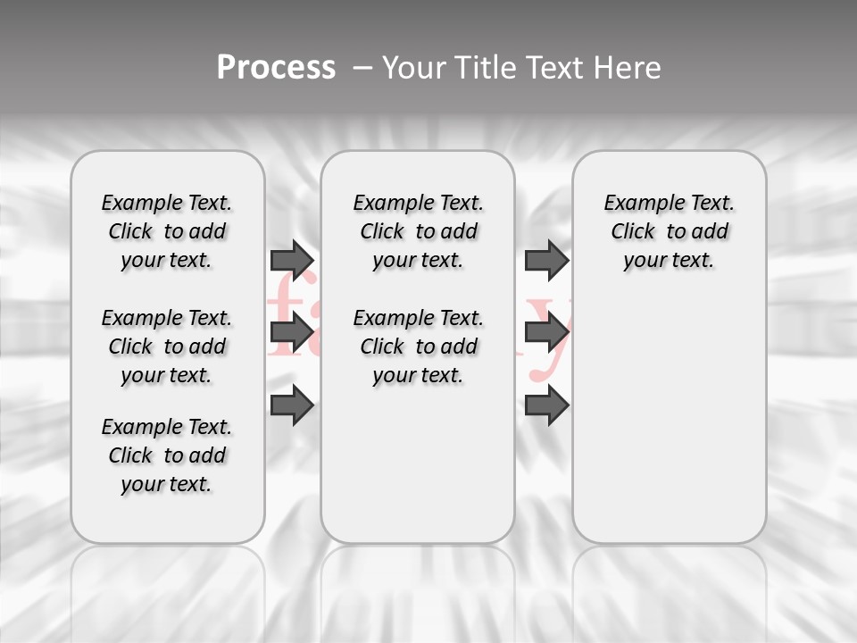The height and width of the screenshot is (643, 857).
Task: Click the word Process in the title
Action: click(x=276, y=67)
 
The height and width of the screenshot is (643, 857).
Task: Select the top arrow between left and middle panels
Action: click(x=291, y=260)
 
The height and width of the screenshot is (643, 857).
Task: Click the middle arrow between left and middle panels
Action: click(x=291, y=333)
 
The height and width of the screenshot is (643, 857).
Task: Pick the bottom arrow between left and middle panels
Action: click(x=291, y=406)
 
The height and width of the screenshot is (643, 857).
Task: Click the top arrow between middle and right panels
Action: click(x=546, y=260)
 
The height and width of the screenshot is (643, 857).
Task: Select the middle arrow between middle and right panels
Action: click(x=546, y=333)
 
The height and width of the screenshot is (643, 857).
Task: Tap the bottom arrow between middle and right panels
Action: click(x=546, y=406)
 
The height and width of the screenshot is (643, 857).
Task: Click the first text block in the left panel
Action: click(x=167, y=231)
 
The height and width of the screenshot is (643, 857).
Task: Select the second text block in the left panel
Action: click(x=167, y=347)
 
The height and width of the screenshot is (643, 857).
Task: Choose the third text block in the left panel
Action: click(x=167, y=455)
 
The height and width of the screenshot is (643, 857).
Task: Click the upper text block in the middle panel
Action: click(x=418, y=231)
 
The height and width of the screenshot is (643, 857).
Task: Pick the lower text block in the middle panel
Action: click(x=418, y=347)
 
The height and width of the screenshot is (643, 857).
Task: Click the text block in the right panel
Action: click(x=670, y=231)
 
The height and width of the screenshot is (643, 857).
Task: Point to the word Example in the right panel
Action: click(x=638, y=204)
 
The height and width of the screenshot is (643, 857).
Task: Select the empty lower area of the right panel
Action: click(x=670, y=420)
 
